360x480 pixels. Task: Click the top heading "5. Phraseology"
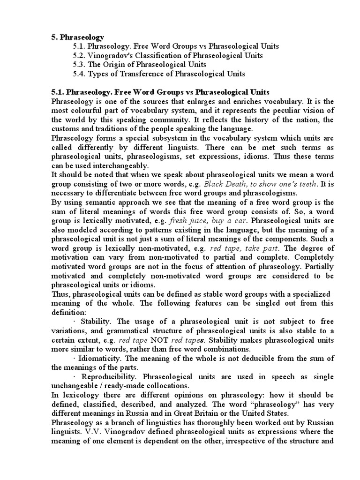pos(77,37)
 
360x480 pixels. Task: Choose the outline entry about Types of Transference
pos(159,74)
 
